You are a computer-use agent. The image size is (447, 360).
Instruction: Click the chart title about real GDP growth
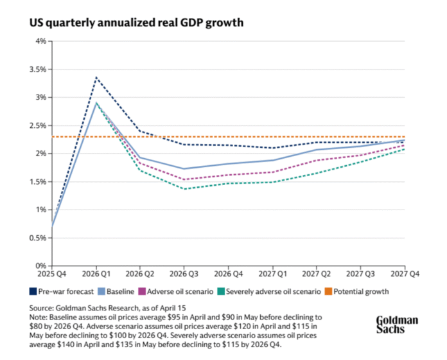tap(136, 23)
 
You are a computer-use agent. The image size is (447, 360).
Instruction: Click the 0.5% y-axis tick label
tap(38, 238)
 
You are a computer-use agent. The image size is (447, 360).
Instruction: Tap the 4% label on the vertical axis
tap(41, 41)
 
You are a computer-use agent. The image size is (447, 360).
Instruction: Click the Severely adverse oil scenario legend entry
tap(276, 291)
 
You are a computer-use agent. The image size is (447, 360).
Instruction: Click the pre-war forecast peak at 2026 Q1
tap(96, 77)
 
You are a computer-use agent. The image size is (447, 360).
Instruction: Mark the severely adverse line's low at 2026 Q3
tap(184, 189)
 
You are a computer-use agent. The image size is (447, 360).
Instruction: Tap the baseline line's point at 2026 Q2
tap(140, 157)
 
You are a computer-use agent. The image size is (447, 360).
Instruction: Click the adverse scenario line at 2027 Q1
tap(272, 172)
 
